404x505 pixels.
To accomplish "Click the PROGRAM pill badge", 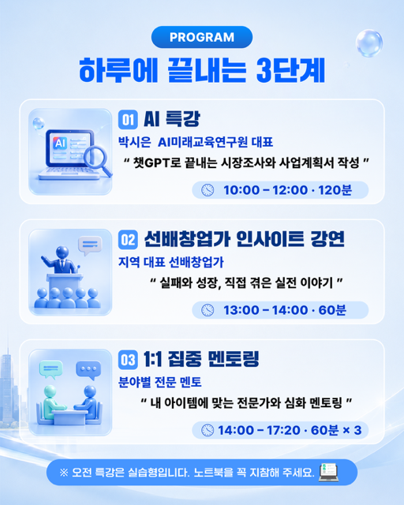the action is pos(202,37).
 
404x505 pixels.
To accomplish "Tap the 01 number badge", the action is pos(128,119).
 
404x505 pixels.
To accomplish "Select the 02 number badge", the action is pos(128,240).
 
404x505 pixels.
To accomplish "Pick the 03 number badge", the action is pos(128,360).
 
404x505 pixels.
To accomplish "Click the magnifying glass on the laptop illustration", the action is pos(97,160).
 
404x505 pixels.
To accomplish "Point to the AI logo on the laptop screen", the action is pos(60,143).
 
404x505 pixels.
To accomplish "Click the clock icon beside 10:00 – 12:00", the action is pos(208,190).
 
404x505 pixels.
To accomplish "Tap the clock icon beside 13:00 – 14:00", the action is pos(208,310).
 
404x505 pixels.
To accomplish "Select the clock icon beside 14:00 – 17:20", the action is pos(208,430).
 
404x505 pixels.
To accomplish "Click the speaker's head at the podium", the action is pos(62,252).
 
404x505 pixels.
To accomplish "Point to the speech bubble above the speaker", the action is pos(90,245).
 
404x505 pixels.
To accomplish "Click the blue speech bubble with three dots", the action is pos(88,370).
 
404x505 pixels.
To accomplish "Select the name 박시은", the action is pos(134,142).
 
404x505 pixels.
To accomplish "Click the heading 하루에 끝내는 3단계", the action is pos(202,70).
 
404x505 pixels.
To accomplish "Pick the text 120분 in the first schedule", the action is pos(335,190).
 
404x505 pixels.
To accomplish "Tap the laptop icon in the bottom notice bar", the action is pos(328,473).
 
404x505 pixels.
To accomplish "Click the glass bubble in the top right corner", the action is pos(369,43).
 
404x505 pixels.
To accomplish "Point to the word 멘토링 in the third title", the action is pos(234,359).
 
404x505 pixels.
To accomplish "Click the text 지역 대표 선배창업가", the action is pos(170,262).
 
